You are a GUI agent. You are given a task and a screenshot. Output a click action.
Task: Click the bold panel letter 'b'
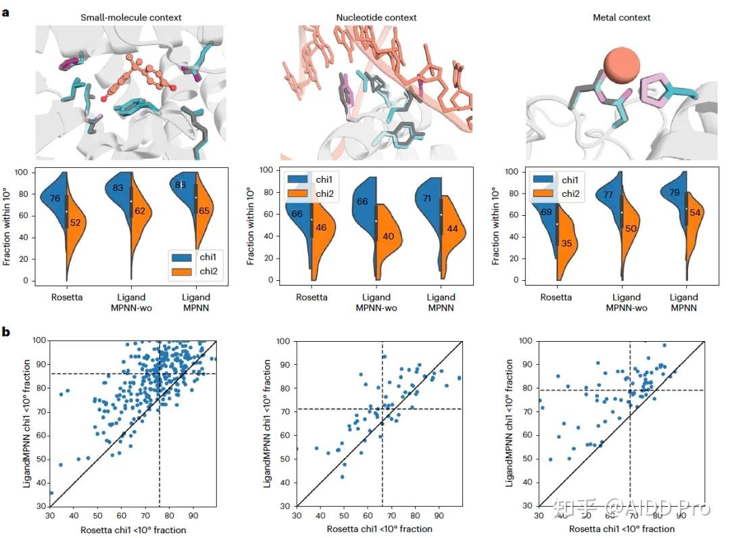(x=6, y=332)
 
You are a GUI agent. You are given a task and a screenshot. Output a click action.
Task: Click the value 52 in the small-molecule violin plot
(x=76, y=223)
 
